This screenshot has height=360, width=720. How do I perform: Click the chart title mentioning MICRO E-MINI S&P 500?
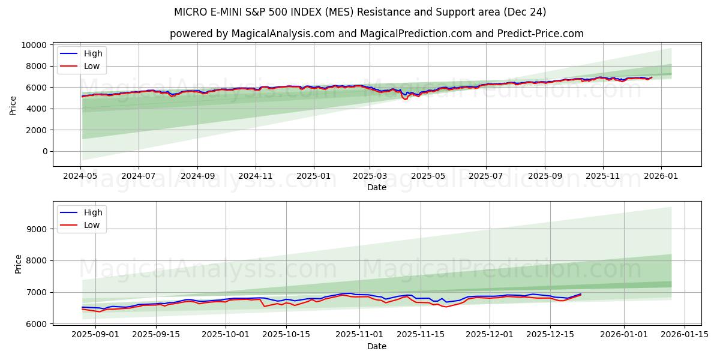(x=360, y=12)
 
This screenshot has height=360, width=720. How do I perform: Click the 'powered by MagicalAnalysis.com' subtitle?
(x=376, y=34)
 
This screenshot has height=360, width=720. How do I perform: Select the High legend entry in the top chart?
(x=93, y=53)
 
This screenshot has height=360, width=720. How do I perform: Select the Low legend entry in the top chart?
(x=92, y=67)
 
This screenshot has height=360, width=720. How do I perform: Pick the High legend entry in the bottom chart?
(x=93, y=212)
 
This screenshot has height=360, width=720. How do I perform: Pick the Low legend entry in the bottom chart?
(x=92, y=225)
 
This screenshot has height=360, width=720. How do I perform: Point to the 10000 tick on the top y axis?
(x=34, y=45)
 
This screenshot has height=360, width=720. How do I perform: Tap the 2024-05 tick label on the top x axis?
(x=80, y=176)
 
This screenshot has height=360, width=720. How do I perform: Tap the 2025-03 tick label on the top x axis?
(x=370, y=176)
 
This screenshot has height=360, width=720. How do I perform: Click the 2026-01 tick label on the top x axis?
(x=661, y=176)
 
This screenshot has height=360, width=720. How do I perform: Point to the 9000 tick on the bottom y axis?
(x=38, y=229)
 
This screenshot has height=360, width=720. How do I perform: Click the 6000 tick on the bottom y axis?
(x=38, y=324)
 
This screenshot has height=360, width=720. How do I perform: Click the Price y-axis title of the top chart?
(x=13, y=105)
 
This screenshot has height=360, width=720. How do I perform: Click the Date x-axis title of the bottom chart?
(x=377, y=346)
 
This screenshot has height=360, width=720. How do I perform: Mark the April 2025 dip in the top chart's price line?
(x=406, y=98)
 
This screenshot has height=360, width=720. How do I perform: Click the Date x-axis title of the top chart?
(x=377, y=187)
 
